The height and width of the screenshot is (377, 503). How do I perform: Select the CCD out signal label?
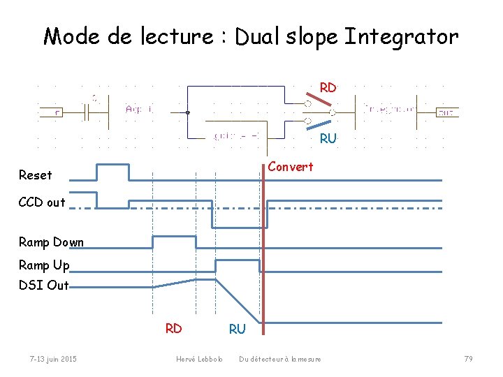click(42, 202)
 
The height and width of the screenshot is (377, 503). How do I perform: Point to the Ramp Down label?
click(51, 242)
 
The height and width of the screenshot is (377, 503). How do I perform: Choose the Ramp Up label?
click(44, 265)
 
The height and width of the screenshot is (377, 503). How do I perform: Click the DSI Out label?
click(44, 285)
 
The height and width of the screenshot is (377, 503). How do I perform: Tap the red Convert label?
click(291, 167)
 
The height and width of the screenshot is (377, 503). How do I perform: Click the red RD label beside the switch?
click(328, 88)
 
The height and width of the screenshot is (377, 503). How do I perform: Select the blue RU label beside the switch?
click(328, 138)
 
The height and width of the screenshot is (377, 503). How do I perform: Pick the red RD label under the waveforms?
click(173, 328)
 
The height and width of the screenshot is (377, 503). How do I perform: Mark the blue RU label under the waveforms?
click(238, 328)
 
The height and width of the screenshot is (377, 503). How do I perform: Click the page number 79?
click(468, 359)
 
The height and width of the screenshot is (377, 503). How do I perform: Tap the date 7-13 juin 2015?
click(53, 359)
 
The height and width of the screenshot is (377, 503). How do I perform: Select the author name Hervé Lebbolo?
click(199, 359)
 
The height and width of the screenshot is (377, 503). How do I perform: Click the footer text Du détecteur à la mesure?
click(280, 359)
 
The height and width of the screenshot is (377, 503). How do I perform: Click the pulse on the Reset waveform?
click(112, 172)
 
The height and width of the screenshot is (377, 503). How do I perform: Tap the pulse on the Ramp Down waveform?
click(174, 242)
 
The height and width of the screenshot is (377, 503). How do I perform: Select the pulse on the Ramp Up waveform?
click(238, 265)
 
